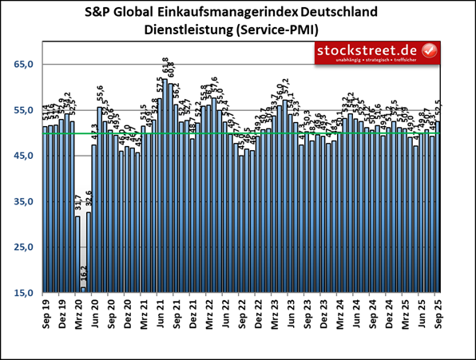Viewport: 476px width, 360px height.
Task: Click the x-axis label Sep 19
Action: coord(46,315)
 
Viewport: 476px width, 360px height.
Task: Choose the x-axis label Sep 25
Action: coord(438,315)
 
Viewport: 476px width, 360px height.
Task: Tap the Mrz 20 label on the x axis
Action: coord(78,315)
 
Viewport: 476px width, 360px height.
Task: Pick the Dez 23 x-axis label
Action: coord(323,315)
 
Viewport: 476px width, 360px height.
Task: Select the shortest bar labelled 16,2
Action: coord(83,290)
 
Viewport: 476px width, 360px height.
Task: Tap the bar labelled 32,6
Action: coord(89,252)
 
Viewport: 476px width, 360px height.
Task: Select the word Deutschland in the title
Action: coord(345,14)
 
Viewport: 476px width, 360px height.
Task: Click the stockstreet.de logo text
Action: coord(367,51)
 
